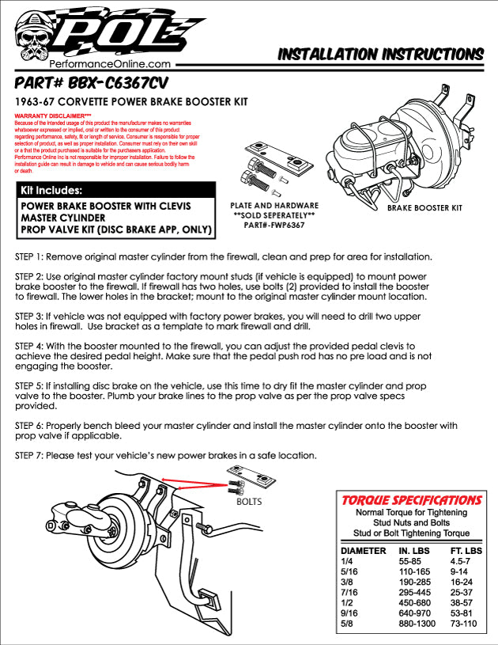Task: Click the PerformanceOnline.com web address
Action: tap(111, 64)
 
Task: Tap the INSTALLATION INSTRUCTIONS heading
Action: tap(380, 54)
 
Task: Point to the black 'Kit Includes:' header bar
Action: tap(115, 191)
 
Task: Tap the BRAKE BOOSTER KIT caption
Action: tap(424, 208)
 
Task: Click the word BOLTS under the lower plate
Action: tap(249, 502)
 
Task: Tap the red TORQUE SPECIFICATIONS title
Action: tap(411, 500)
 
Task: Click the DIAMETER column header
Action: tap(363, 550)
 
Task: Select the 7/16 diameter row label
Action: tap(348, 591)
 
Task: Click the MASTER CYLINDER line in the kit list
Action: tap(66, 217)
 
